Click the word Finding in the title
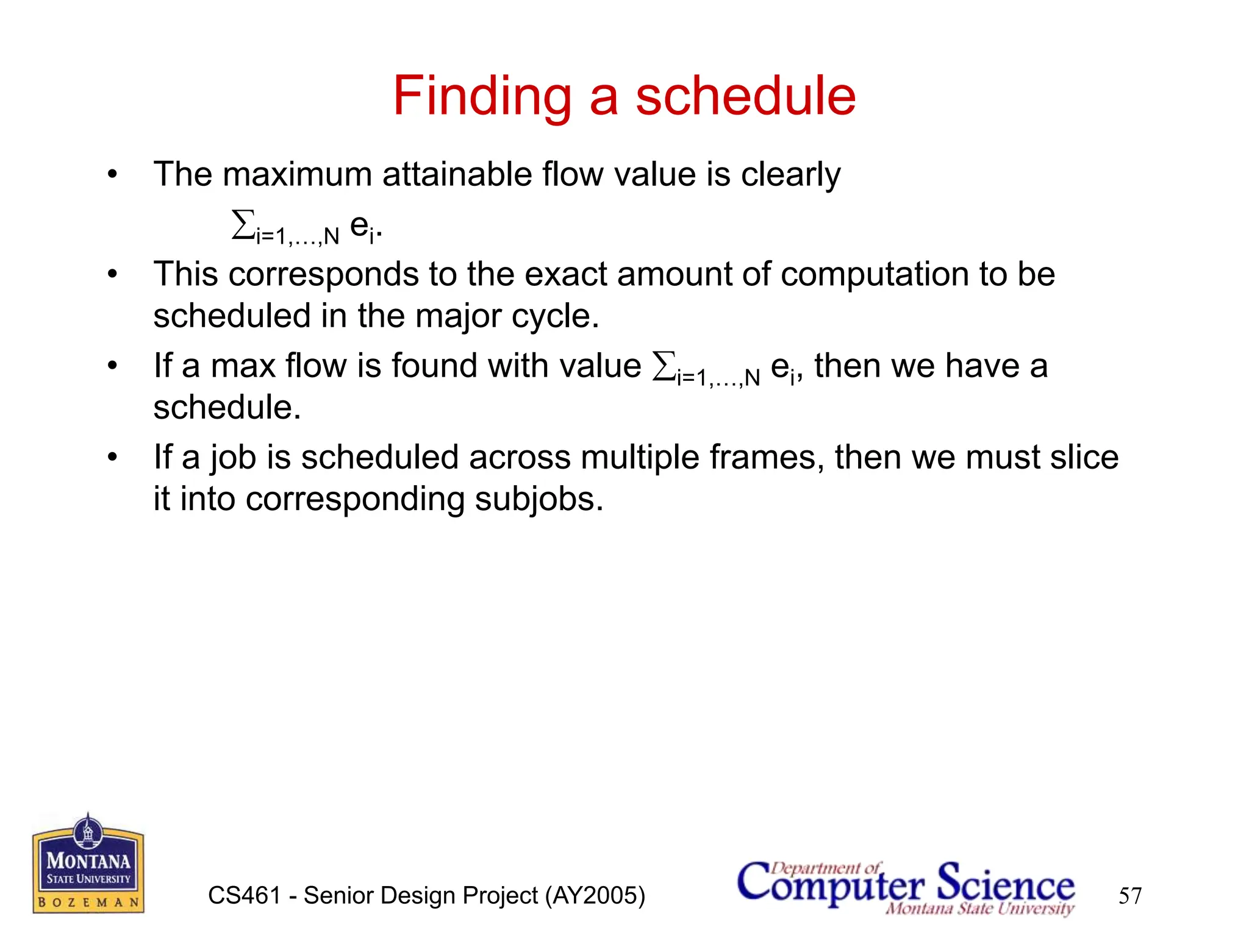(x=482, y=96)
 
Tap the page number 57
(x=1129, y=896)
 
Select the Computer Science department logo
(x=906, y=887)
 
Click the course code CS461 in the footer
(x=244, y=896)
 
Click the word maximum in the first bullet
(x=297, y=175)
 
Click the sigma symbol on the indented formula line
(x=243, y=225)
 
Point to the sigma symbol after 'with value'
(x=664, y=367)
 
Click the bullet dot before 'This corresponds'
(x=112, y=274)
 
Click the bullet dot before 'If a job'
(x=112, y=457)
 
